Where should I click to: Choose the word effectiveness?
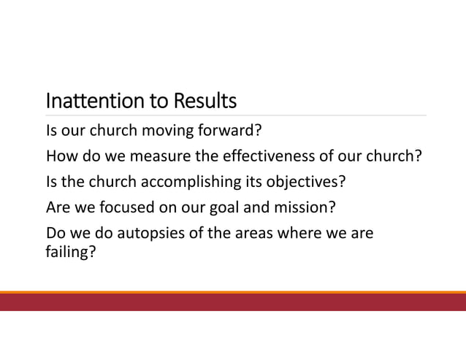(250, 158)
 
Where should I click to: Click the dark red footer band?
(233, 302)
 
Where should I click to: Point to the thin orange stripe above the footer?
(233, 291)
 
